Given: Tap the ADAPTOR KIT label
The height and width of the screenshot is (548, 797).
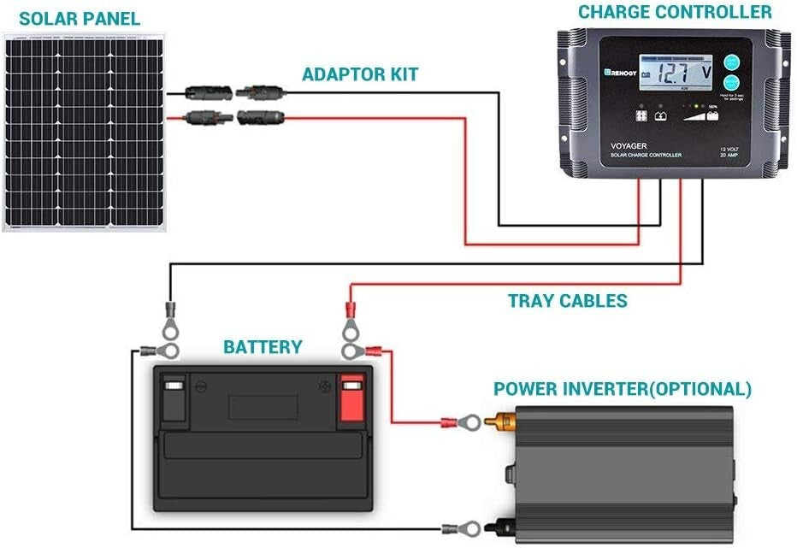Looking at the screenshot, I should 360,74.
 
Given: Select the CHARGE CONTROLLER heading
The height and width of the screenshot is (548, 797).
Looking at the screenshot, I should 675,12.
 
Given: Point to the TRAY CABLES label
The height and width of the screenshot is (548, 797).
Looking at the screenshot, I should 567,301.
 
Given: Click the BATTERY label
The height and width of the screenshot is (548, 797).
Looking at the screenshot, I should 263,347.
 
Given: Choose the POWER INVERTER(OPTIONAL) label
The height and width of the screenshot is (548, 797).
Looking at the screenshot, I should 623,389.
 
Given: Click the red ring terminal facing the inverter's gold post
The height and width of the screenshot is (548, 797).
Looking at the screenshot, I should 466,421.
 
